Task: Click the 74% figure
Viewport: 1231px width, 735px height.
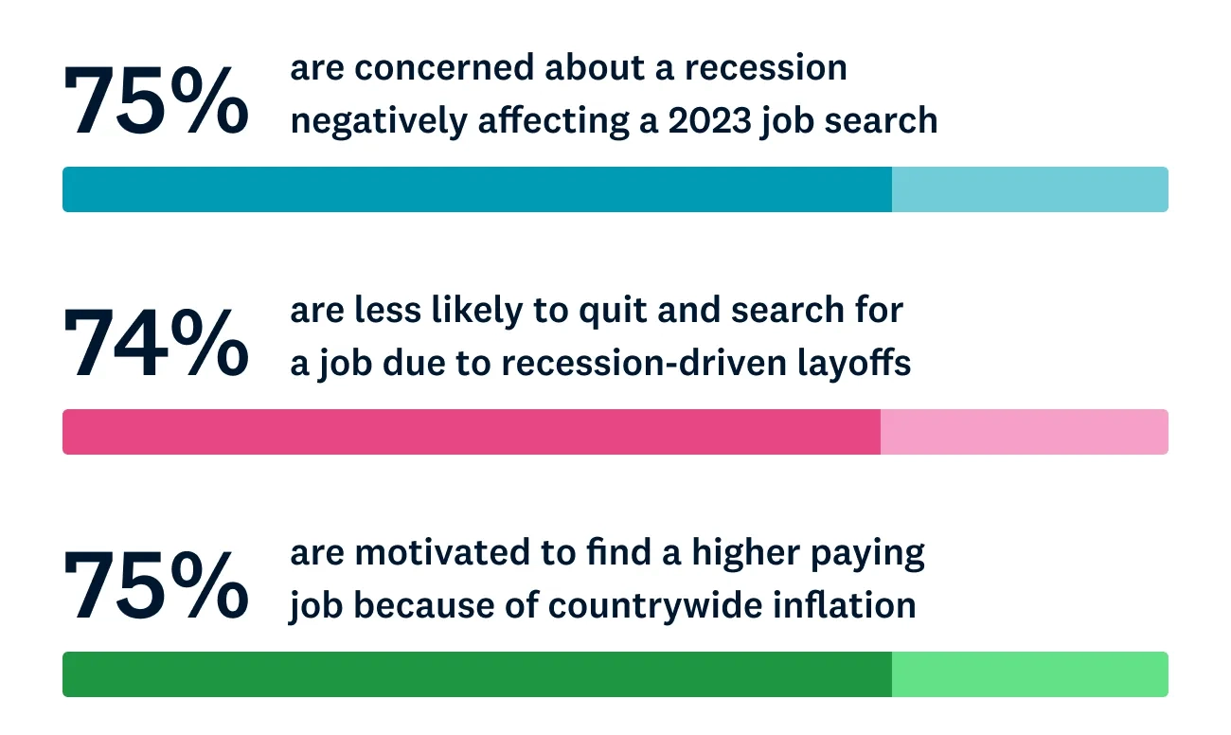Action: tap(156, 343)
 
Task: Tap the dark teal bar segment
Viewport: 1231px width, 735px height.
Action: tap(477, 189)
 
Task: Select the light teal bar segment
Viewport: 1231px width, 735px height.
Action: tap(1030, 189)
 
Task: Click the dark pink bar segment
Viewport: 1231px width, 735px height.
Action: tap(472, 432)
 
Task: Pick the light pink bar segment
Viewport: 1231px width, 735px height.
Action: tap(1025, 432)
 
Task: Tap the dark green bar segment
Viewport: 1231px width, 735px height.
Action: tap(477, 674)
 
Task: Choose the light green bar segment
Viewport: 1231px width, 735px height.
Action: tap(1030, 674)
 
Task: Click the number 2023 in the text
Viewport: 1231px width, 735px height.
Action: tap(709, 120)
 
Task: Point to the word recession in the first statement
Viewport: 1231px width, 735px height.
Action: tap(765, 68)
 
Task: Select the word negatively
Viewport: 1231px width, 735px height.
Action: tap(379, 121)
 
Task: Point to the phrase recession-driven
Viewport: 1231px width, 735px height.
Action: tap(644, 364)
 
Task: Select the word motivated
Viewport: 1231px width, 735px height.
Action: tap(442, 552)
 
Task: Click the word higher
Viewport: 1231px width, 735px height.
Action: tap(746, 554)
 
